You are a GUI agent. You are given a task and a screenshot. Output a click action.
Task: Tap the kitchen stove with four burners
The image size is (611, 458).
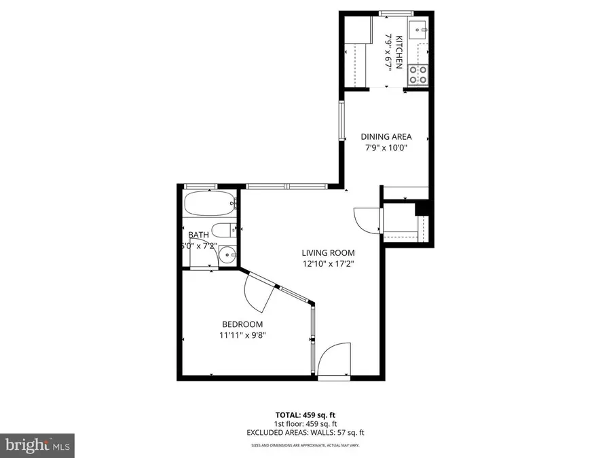[x=417, y=74]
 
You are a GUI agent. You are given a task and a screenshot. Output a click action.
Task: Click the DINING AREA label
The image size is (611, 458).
[x=386, y=136]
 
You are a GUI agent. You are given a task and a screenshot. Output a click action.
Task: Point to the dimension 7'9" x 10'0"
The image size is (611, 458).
[x=386, y=148]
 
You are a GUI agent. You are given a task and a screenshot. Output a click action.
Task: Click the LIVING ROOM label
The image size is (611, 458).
[x=329, y=253]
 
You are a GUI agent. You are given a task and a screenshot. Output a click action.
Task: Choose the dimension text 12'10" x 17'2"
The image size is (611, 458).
[x=329, y=264]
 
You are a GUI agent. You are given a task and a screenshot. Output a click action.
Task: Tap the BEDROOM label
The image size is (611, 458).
[x=242, y=324]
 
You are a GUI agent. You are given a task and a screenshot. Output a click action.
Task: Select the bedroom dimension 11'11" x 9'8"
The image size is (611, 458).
[x=242, y=335]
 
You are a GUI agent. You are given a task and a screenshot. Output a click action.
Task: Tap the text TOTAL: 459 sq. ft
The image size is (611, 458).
[x=305, y=414]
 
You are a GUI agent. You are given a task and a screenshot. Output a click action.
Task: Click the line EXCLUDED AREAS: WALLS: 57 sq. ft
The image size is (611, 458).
[x=305, y=432]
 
